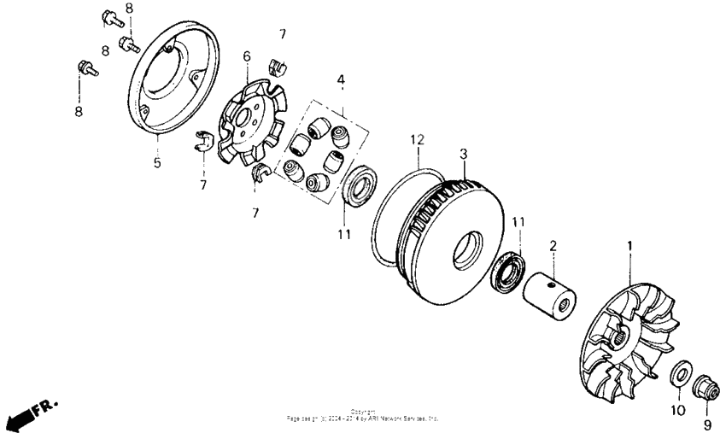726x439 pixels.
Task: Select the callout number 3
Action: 464,154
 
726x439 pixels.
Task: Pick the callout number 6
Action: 247,56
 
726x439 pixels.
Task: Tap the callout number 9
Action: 706,423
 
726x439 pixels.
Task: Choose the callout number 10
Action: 675,412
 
